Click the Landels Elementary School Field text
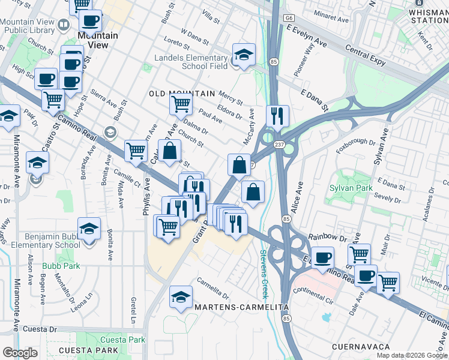coord(191,62)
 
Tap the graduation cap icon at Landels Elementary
coord(244,55)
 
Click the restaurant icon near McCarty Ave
coord(277,115)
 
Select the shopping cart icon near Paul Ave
coord(181,103)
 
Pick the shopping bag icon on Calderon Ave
coord(170,151)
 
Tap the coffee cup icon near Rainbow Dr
coord(322,257)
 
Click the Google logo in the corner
coord(20,353)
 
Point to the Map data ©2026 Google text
coord(412,355)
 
